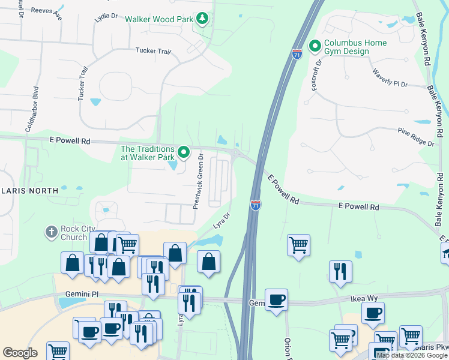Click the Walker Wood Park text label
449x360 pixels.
[x=159, y=19]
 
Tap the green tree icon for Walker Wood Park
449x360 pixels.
[x=203, y=19]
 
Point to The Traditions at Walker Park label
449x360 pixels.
[x=148, y=153]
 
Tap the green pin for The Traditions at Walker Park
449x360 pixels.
[x=184, y=153]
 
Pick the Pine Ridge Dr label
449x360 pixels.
[x=415, y=137]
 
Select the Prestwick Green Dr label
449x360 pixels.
[x=198, y=181]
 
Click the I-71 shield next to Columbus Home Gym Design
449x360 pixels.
[x=297, y=53]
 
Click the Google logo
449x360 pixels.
[x=20, y=353]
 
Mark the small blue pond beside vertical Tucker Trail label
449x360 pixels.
[x=95, y=102]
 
